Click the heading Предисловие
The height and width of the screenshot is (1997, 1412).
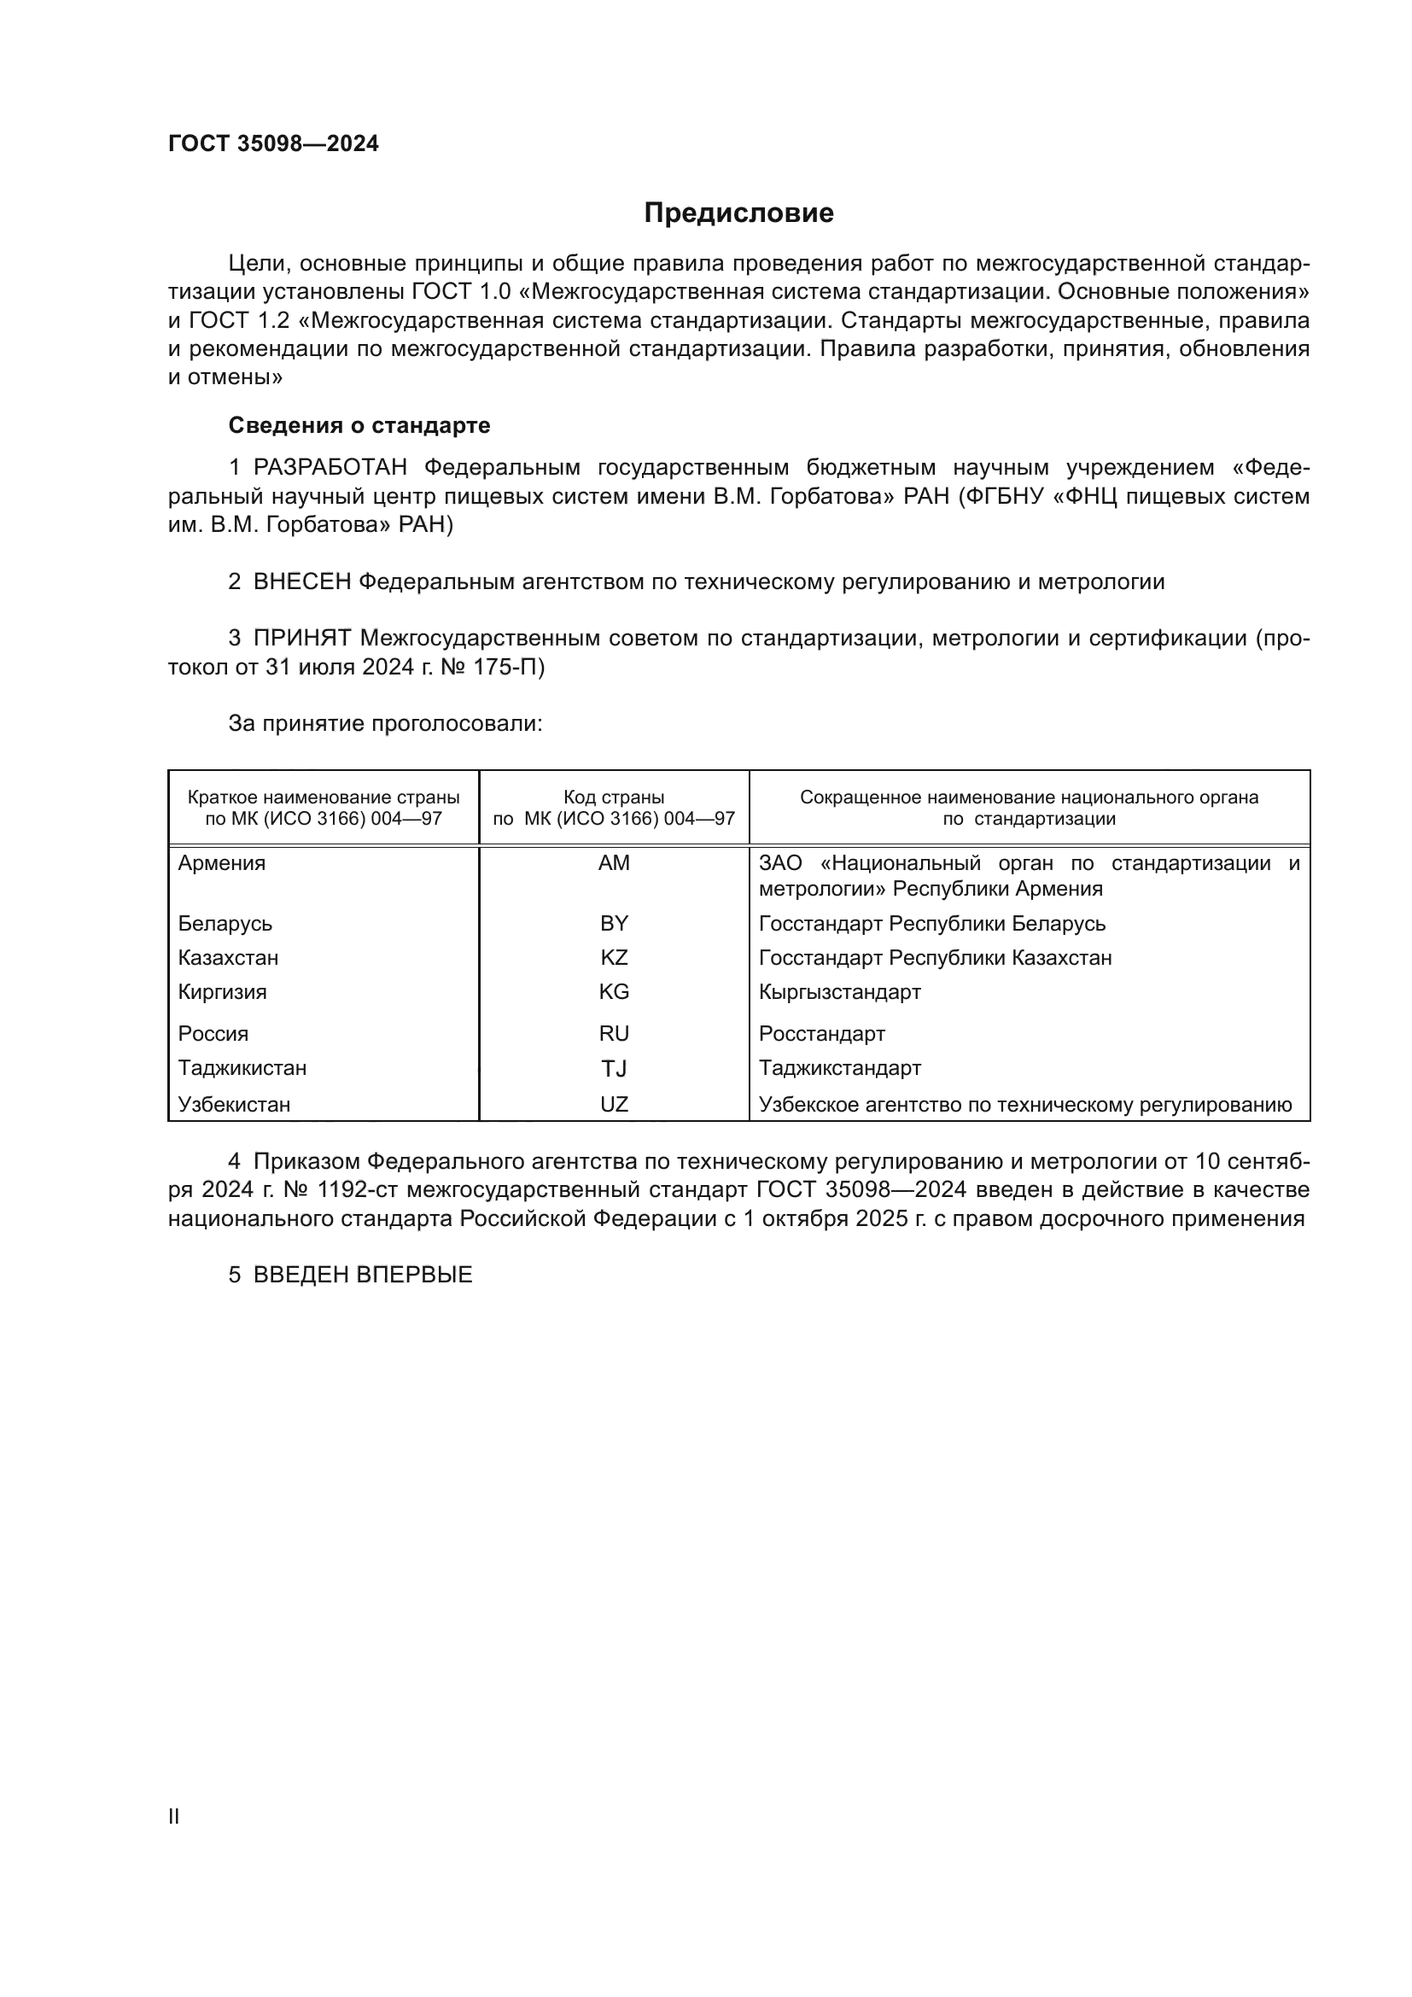[738, 213]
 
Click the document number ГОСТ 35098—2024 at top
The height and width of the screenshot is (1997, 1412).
[273, 143]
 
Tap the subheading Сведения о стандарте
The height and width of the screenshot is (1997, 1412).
[359, 425]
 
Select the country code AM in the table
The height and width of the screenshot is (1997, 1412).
[614, 864]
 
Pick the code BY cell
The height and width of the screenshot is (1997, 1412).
[614, 924]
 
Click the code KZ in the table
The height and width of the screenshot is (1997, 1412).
[614, 958]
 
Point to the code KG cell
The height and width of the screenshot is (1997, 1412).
[614, 992]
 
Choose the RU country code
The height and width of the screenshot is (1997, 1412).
[614, 1034]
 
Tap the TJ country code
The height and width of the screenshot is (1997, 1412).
[614, 1069]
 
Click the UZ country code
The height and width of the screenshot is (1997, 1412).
[614, 1105]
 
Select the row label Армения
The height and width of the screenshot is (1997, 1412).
[222, 864]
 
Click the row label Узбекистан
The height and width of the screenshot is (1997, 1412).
[234, 1105]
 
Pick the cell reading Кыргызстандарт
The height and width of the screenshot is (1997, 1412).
[839, 992]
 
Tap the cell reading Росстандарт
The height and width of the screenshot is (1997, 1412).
[821, 1034]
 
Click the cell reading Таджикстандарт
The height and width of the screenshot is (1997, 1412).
[839, 1068]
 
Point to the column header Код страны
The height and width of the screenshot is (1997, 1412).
[614, 797]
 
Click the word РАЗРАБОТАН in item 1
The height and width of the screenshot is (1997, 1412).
[330, 468]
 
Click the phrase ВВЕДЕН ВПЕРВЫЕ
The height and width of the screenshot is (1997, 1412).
[363, 1275]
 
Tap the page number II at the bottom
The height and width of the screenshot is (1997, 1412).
[174, 1817]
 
